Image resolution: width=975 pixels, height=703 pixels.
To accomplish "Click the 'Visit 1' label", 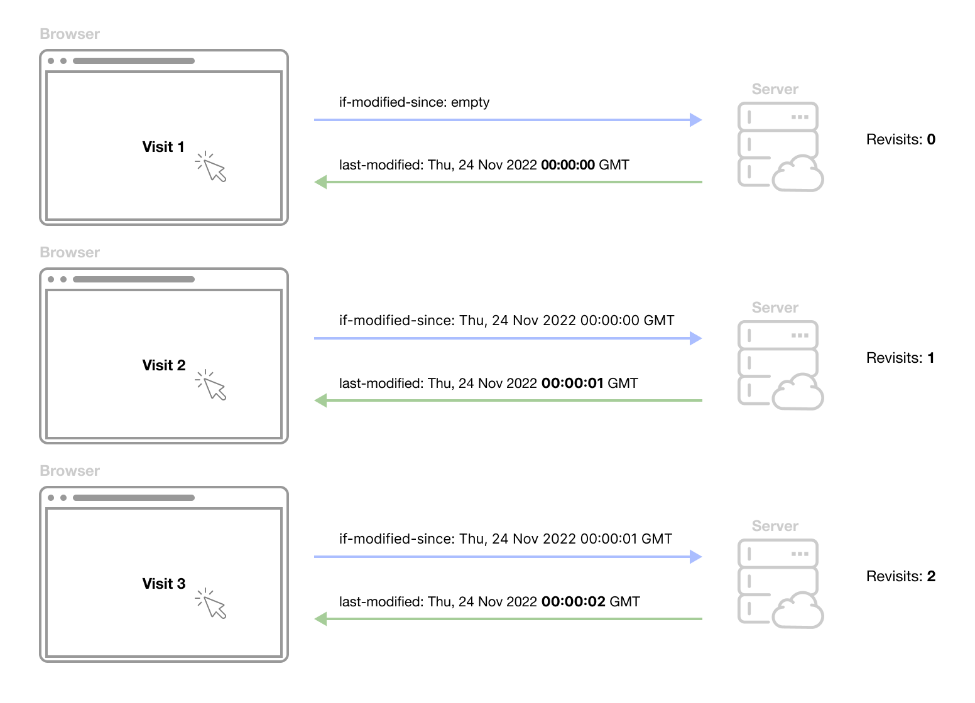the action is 163,147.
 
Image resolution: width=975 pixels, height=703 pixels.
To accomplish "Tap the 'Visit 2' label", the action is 164,365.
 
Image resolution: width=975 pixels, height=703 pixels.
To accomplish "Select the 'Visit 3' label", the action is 164,584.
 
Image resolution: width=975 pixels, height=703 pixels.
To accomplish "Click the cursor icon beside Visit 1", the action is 210,166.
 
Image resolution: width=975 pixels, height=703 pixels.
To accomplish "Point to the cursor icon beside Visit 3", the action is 210,603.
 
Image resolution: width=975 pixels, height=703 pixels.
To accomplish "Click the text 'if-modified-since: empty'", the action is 414,102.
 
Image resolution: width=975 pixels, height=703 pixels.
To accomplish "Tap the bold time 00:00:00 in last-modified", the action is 567,165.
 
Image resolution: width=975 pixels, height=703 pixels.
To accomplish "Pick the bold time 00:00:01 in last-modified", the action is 572,384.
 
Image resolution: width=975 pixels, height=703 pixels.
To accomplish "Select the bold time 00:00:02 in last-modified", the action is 573,602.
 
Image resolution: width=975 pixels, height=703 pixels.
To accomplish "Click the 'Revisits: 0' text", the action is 901,139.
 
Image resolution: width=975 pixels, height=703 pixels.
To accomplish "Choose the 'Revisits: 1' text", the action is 900,358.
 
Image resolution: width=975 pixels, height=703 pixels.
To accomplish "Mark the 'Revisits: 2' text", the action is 901,576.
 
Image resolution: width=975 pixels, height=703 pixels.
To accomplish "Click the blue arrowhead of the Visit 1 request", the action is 696,120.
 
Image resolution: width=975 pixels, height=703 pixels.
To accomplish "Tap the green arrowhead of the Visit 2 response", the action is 321,400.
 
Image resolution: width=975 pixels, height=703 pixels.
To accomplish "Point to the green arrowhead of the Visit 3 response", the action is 321,619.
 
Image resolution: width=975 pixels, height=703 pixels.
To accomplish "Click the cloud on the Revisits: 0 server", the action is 798,174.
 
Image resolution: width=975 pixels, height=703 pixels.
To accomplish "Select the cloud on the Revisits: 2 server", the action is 798,611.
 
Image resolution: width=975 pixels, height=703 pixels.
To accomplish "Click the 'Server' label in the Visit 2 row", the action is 775,308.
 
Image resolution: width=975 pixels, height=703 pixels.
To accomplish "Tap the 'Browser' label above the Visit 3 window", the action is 70,471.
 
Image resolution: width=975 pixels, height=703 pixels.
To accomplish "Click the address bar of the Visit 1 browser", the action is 134,61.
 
